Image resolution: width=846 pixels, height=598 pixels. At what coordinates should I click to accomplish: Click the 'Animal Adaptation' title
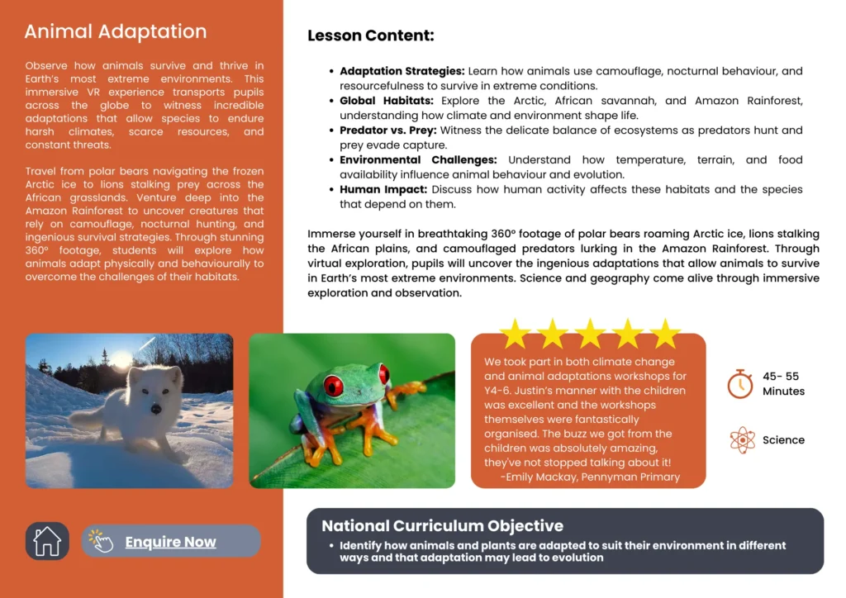tap(116, 32)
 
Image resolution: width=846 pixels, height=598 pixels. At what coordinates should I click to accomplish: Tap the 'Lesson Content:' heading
tap(370, 36)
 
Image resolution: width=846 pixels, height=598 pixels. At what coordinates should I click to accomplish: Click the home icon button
tap(47, 541)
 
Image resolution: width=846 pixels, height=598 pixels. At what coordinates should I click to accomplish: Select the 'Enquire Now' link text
tap(170, 542)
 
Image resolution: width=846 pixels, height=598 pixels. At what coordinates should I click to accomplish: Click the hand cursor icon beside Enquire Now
tap(101, 541)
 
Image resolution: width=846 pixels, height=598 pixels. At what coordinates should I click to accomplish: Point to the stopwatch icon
tap(739, 383)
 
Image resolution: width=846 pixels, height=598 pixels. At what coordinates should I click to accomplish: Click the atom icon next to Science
tap(742, 439)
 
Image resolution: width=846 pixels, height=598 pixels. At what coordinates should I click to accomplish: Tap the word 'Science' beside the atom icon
tap(783, 440)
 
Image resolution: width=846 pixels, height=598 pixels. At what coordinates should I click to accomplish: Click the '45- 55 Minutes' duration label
tap(782, 383)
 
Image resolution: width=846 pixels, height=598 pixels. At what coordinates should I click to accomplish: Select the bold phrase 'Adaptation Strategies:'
tap(402, 72)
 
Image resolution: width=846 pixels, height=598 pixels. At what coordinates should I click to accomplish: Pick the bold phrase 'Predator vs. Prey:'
tap(388, 131)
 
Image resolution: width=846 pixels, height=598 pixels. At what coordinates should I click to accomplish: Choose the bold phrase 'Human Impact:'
tap(382, 189)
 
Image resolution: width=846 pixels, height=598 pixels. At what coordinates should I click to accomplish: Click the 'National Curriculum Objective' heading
tap(442, 526)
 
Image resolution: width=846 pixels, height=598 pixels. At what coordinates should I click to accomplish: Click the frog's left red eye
tap(333, 386)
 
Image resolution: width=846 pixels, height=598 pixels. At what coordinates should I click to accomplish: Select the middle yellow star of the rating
tap(590, 334)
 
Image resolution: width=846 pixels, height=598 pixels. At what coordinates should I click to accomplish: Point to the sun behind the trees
tap(121, 360)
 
